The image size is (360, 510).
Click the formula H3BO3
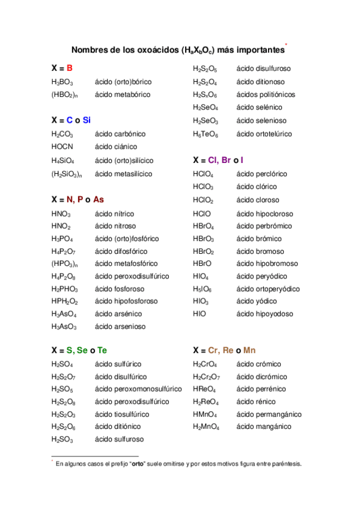point(63,82)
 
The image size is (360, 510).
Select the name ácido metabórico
point(123,94)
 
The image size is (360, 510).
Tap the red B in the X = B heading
point(70,69)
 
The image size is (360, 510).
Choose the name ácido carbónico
point(120,134)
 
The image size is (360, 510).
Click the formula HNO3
point(61,214)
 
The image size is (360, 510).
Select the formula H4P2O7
point(63,251)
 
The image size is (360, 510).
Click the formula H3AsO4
point(64,314)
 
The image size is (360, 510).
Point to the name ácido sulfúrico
point(118,364)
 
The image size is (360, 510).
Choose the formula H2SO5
point(63,389)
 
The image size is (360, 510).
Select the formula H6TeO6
point(206,134)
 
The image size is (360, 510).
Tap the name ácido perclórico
point(262,174)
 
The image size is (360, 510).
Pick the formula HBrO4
point(204,226)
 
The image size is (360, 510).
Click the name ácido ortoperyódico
point(268,289)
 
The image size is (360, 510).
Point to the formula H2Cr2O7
point(206,377)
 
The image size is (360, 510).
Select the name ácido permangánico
point(269,414)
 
